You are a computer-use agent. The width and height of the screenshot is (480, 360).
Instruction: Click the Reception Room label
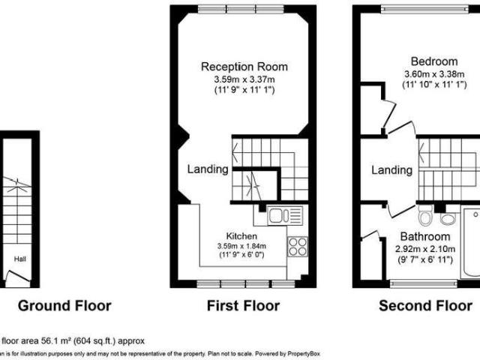244,67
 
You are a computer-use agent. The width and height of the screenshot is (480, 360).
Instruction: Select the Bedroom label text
433,61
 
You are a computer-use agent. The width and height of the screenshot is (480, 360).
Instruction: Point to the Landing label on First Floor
208,169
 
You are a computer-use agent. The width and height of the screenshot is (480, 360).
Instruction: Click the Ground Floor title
64,305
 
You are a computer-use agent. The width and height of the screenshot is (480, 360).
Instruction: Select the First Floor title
242,305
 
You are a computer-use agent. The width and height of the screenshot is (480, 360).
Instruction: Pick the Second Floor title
425,305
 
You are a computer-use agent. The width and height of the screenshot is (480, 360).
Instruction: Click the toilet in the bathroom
424,220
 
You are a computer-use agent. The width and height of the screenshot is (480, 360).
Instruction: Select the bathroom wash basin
448,218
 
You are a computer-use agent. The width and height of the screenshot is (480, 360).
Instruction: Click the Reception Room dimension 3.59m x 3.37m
244,79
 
